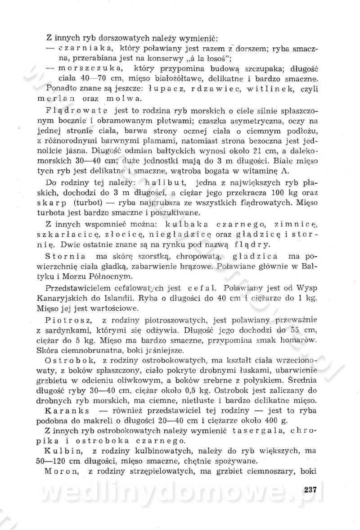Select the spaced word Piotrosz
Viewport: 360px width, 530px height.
point(68,321)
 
